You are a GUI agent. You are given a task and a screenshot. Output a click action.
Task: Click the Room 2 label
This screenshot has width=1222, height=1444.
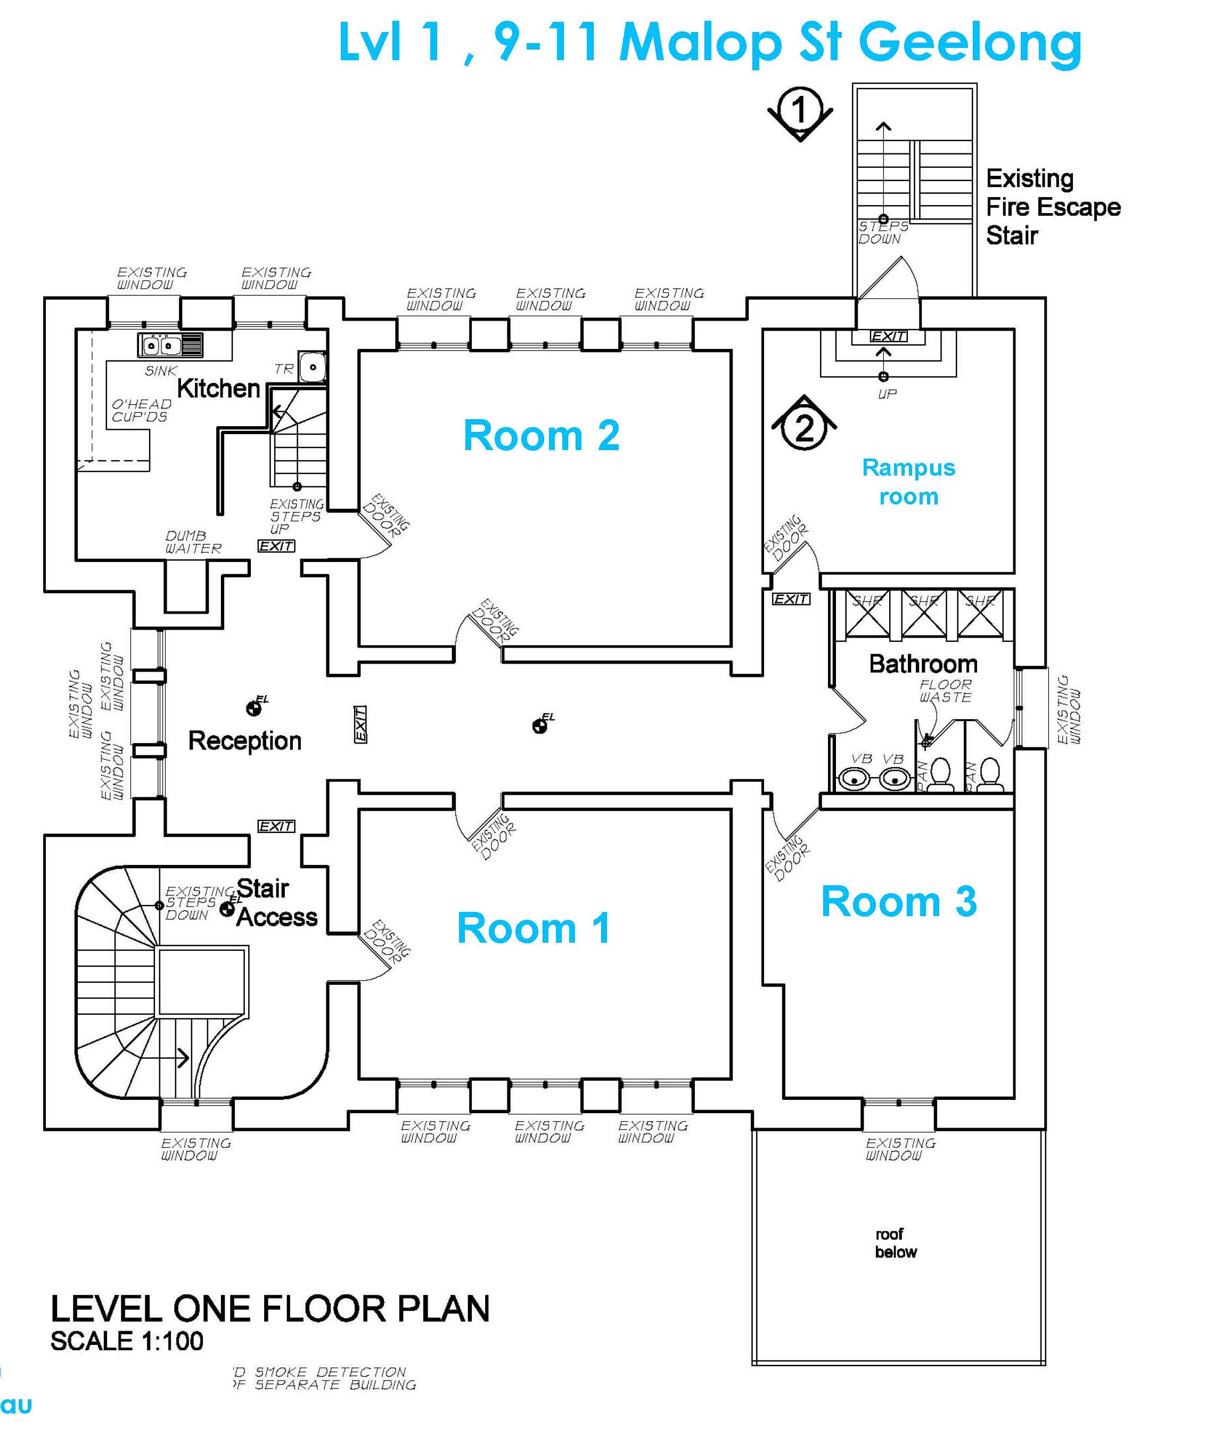point(541,435)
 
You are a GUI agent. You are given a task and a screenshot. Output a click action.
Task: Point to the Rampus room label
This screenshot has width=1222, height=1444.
point(908,482)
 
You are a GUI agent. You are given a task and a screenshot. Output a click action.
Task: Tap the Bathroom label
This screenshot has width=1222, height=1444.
point(923,663)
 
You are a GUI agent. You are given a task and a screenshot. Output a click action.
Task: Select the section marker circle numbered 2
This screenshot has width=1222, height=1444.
point(803,428)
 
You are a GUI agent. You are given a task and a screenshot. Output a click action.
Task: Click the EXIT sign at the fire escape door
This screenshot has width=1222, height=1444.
point(888,336)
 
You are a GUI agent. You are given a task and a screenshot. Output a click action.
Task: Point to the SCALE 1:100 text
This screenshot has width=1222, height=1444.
point(127,1341)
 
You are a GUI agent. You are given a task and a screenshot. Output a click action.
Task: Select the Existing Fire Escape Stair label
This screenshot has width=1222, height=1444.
point(1052,207)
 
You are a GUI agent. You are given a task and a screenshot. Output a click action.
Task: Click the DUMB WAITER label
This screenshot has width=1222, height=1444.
point(193,542)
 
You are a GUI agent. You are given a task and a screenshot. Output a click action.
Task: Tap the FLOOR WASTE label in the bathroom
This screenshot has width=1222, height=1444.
point(945,690)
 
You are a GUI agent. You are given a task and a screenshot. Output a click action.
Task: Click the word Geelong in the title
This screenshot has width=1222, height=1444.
point(970,43)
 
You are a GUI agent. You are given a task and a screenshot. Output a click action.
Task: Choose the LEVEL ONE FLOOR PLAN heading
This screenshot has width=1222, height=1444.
point(269,1308)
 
